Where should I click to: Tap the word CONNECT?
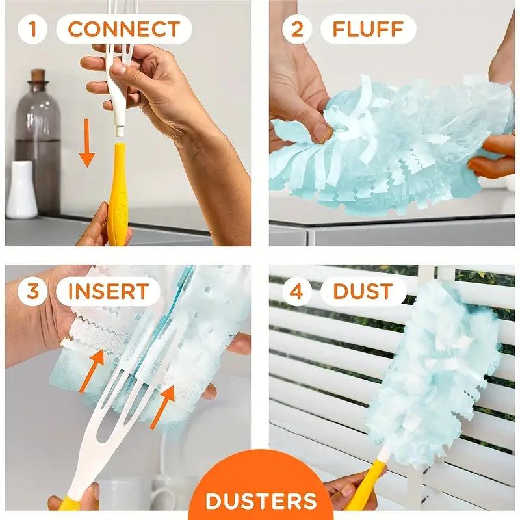tap(123, 30)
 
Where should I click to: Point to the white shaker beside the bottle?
tap(21, 190)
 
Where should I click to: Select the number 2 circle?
tap(297, 30)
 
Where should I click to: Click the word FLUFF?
tap(368, 30)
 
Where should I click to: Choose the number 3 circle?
tap(33, 291)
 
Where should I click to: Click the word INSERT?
tap(107, 291)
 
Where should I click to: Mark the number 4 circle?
tap(297, 291)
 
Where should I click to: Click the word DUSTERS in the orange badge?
tap(260, 501)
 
